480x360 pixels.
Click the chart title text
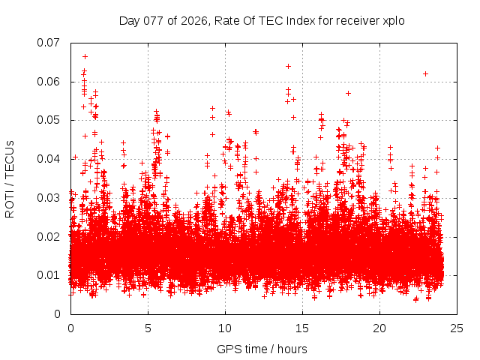pyautogui.click(x=262, y=20)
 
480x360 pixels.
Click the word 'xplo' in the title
pyautogui.click(x=393, y=20)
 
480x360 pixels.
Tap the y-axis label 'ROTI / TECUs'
pyautogui.click(x=10, y=178)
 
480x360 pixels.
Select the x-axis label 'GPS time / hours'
pyautogui.click(x=262, y=349)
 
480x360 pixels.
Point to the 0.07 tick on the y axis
pyautogui.click(x=49, y=43)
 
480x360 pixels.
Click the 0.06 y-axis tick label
pyautogui.click(x=49, y=82)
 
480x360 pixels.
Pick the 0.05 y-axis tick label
pyautogui.click(x=49, y=120)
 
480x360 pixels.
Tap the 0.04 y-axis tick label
pyautogui.click(x=49, y=159)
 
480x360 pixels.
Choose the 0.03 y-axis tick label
pyautogui.click(x=49, y=198)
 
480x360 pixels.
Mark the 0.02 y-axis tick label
pyautogui.click(x=49, y=236)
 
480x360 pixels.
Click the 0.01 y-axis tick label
pyautogui.click(x=49, y=275)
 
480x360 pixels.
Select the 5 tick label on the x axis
pyautogui.click(x=148, y=328)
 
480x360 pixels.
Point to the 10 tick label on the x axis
pyautogui.click(x=225, y=328)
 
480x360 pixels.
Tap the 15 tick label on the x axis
pyautogui.click(x=302, y=328)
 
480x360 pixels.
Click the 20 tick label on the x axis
pyautogui.click(x=379, y=328)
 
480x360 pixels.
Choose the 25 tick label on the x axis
pyautogui.click(x=457, y=328)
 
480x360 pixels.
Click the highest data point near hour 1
pyautogui.click(x=85, y=56)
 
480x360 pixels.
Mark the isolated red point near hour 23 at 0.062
pyautogui.click(x=425, y=73)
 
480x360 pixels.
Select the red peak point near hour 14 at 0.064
pyautogui.click(x=288, y=66)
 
